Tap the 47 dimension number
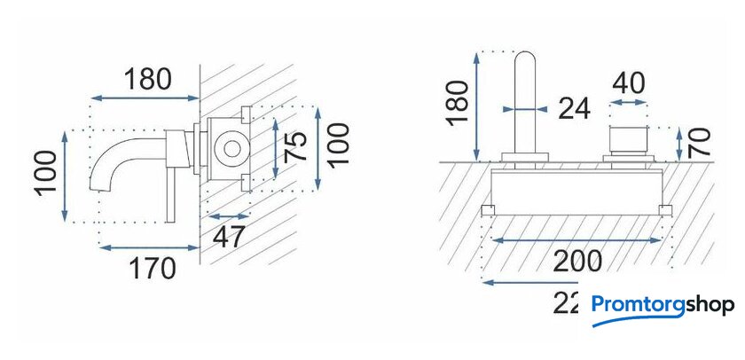tap(229, 238)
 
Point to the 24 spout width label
tap(574, 108)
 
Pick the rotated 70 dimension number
tap(700, 143)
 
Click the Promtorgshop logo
tap(663, 306)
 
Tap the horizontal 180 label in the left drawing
tap(147, 80)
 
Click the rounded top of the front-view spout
tap(526, 62)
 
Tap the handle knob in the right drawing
tap(629, 141)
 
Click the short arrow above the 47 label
tap(228, 215)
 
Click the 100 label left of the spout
tap(49, 172)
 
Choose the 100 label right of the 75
tap(338, 145)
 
